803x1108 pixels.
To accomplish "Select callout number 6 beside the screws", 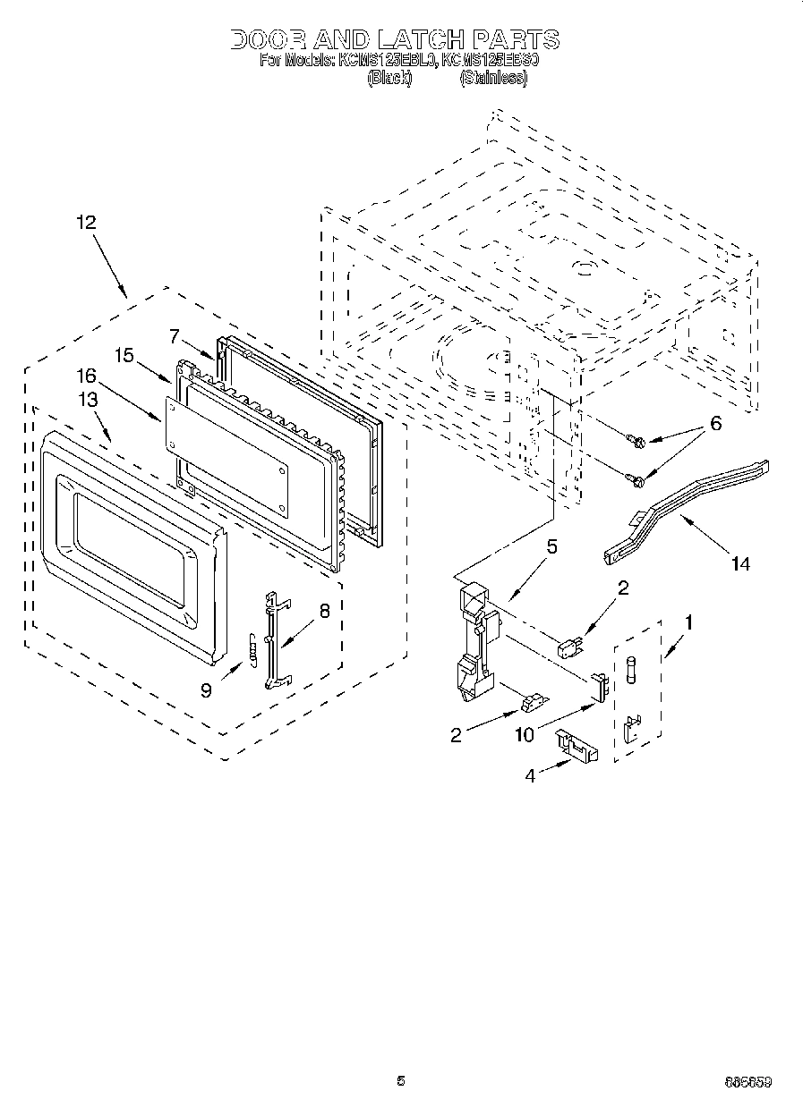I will [x=715, y=424].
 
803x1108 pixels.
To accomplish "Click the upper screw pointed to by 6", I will [x=637, y=439].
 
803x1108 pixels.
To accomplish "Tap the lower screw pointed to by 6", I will [x=637, y=481].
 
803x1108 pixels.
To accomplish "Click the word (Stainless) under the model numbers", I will [x=493, y=78].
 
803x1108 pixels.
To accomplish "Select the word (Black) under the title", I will [x=389, y=78].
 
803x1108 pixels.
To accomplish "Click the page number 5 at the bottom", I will [x=401, y=1080].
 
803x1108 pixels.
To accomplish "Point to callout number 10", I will [x=524, y=734].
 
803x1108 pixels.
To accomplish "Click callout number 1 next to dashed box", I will [x=689, y=617].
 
